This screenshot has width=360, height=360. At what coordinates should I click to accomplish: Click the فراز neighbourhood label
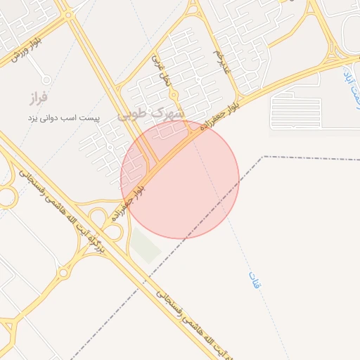(x=37, y=97)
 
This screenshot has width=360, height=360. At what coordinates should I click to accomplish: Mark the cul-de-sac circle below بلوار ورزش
(x=46, y=79)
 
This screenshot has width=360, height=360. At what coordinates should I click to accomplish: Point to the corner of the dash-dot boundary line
(x=264, y=157)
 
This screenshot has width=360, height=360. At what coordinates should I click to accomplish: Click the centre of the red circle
(x=180, y=180)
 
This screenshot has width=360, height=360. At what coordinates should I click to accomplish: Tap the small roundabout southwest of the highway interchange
(x=64, y=273)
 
